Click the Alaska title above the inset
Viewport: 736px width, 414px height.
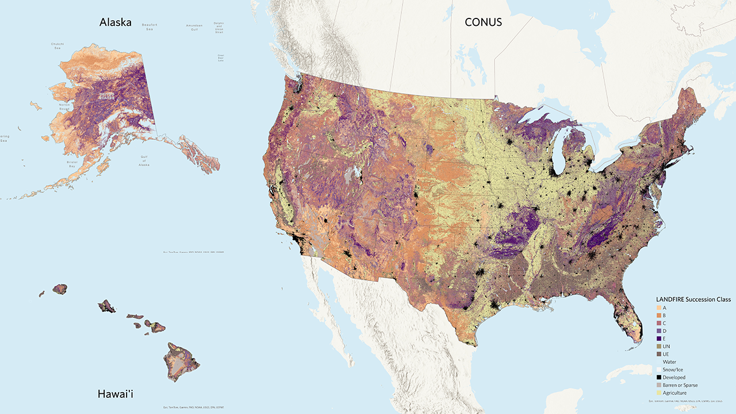pyautogui.click(x=115, y=22)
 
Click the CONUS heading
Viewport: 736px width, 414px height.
pyautogui.click(x=483, y=22)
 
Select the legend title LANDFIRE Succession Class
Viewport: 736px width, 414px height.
pyautogui.click(x=693, y=300)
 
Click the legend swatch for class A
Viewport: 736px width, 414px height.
pyautogui.click(x=659, y=308)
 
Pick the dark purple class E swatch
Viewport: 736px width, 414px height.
pyautogui.click(x=659, y=339)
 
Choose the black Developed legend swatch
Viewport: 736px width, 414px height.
pyautogui.click(x=659, y=377)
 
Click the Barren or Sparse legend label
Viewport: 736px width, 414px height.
pyautogui.click(x=680, y=385)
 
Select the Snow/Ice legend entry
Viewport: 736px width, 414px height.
pyautogui.click(x=673, y=370)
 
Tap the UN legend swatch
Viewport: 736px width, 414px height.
pyautogui.click(x=659, y=346)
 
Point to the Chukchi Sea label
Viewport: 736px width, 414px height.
pyautogui.click(x=57, y=45)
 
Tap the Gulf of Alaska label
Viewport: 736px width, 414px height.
pyautogui.click(x=144, y=160)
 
